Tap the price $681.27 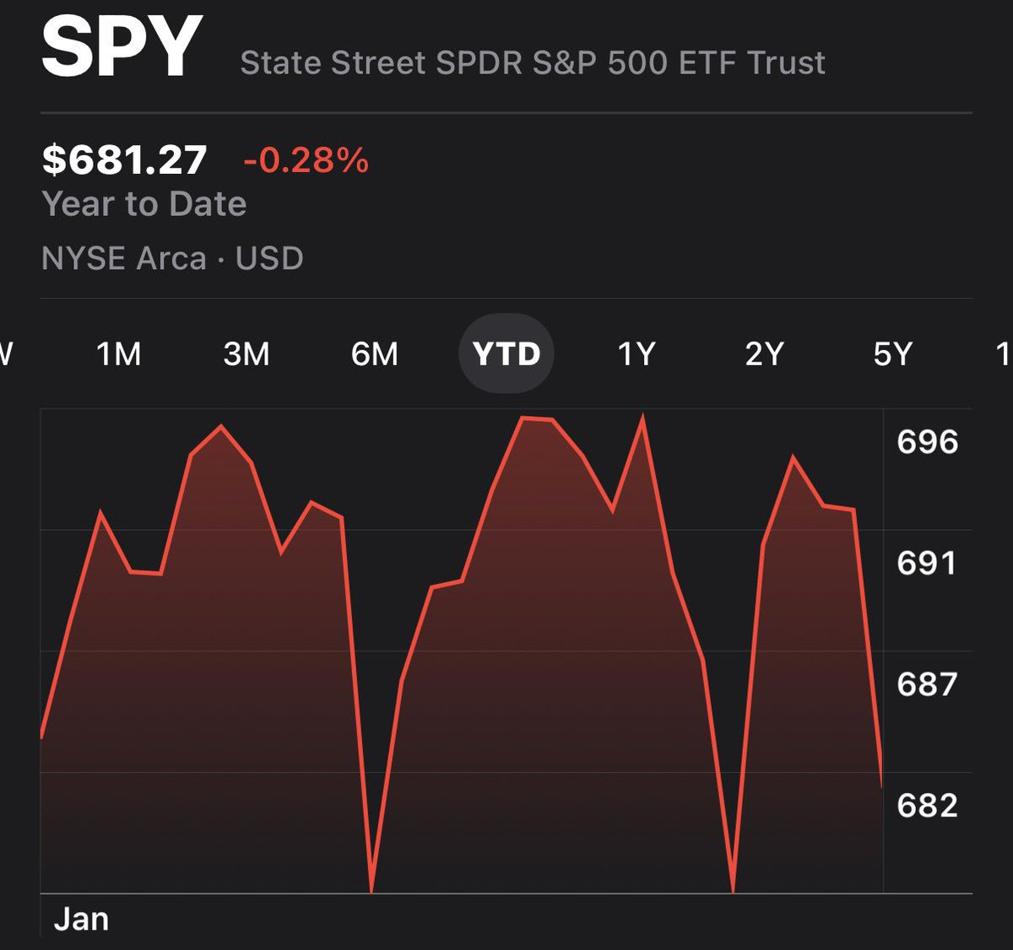[x=124, y=160]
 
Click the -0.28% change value [x=306, y=160]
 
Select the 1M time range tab [x=118, y=354]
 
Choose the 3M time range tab [x=246, y=354]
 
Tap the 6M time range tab [x=375, y=354]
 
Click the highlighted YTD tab [x=506, y=354]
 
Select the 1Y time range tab [x=637, y=354]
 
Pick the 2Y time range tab [x=764, y=354]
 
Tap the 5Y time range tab [x=893, y=354]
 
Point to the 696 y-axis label [x=927, y=442]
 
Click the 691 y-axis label [x=927, y=563]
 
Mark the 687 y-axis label [x=927, y=684]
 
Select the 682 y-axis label [x=927, y=806]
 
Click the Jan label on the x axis [x=81, y=919]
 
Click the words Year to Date [x=144, y=204]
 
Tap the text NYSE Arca [x=124, y=258]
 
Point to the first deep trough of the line [x=371, y=889]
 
